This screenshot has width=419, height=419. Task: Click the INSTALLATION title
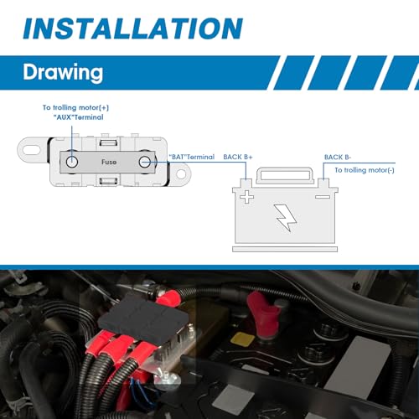point(133,28)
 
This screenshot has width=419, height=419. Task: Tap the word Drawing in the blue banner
point(63,73)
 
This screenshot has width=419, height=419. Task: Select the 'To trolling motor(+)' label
point(75,107)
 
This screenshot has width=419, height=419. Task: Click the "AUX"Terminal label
point(78,117)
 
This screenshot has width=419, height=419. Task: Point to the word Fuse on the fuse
point(109,162)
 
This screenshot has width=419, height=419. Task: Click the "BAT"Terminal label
point(192,157)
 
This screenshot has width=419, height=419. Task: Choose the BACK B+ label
point(238,157)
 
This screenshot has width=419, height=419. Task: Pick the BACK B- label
point(338,158)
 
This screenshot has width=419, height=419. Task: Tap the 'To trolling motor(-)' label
point(365,170)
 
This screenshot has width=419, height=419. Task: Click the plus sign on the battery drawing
point(247,197)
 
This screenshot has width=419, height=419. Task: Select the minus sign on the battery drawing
point(323,197)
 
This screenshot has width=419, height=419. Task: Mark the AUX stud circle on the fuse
point(72,162)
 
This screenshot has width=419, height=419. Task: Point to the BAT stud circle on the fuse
point(145,162)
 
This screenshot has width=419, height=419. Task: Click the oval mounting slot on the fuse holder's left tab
point(31,149)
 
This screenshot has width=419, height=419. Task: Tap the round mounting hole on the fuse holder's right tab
point(181,173)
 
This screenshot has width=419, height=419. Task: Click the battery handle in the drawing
point(285,176)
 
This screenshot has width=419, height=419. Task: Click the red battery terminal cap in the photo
point(263,315)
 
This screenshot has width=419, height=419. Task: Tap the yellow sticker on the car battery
point(242,339)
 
